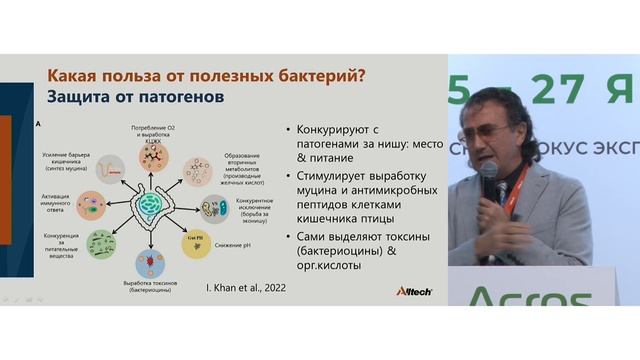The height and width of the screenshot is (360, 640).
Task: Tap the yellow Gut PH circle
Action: tap(194, 240)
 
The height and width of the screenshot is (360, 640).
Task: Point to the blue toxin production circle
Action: tap(149, 262)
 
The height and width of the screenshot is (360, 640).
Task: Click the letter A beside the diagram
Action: tap(37, 123)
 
